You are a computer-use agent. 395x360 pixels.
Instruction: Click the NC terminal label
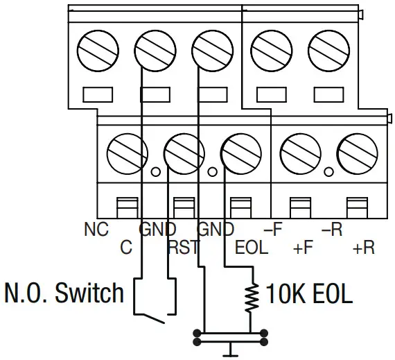96,230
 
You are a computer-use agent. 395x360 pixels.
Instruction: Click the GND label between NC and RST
158,230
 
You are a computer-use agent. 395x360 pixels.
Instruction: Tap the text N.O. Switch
64,293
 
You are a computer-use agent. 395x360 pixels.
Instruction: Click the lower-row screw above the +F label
297,148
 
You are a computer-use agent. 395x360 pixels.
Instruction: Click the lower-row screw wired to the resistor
239,148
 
